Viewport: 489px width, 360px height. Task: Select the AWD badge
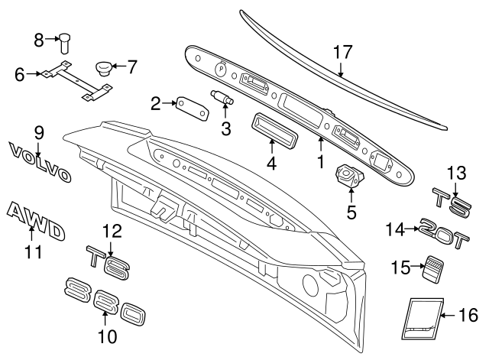click(35, 221)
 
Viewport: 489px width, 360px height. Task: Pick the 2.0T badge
click(445, 230)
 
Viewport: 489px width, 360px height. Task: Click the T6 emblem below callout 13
click(449, 202)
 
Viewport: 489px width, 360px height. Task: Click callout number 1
click(322, 162)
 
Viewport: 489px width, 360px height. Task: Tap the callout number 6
click(19, 74)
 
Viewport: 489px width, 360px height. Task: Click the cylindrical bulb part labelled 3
click(222, 98)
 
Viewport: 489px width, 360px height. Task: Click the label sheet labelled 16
click(419, 316)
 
